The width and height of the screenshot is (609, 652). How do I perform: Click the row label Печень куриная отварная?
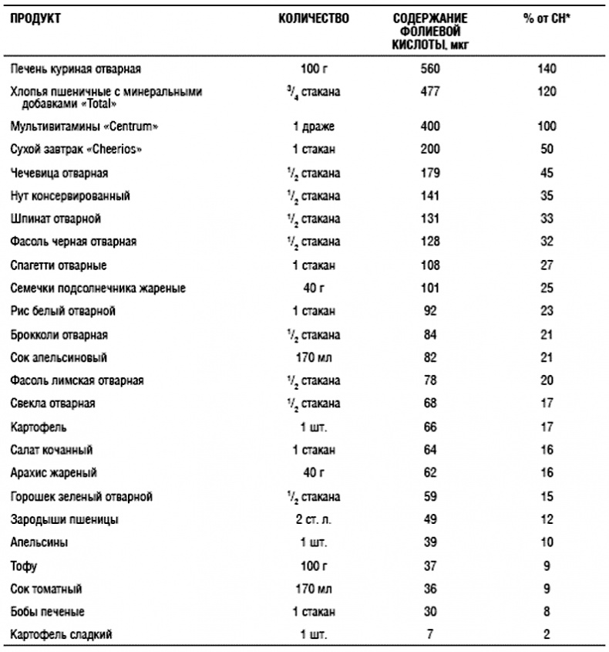pyautogui.click(x=75, y=69)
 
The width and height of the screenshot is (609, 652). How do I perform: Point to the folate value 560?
pyautogui.click(x=430, y=69)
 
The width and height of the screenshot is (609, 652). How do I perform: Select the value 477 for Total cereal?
pyautogui.click(x=430, y=92)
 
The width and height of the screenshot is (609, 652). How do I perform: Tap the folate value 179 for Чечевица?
pyautogui.click(x=430, y=172)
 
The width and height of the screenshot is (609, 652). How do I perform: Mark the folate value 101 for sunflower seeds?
pyautogui.click(x=430, y=288)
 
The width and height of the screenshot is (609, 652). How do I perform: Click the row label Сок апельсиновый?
pyautogui.click(x=59, y=357)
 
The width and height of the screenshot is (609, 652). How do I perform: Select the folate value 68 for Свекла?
pyautogui.click(x=430, y=404)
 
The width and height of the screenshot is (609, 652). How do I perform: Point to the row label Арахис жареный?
pyautogui.click(x=53, y=472)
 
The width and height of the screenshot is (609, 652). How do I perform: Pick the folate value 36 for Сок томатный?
pyautogui.click(x=430, y=589)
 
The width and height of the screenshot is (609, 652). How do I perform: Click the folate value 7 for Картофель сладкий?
pyautogui.click(x=430, y=635)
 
